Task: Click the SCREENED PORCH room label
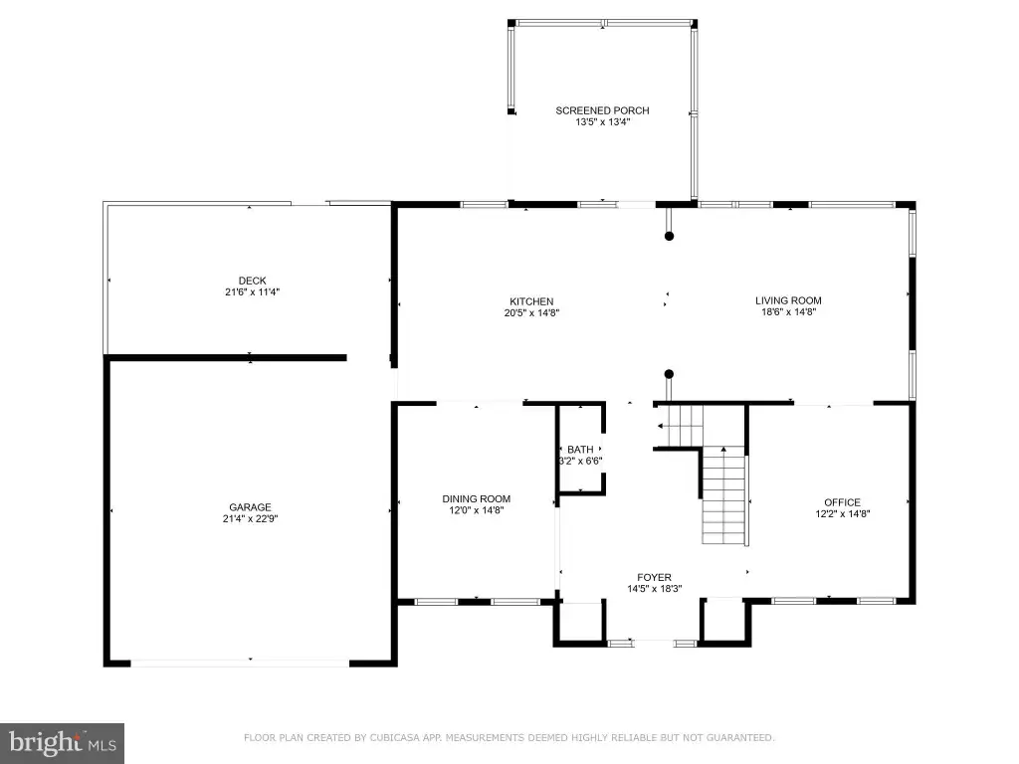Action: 602,110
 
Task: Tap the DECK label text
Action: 252,281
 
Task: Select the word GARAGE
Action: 250,507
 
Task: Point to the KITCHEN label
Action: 531,301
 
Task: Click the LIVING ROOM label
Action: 788,300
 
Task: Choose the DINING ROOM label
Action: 477,499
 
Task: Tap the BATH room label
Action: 580,450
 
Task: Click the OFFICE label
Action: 842,502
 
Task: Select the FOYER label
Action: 655,578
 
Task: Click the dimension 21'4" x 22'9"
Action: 250,518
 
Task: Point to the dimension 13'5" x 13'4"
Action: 602,121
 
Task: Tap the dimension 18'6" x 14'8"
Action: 788,311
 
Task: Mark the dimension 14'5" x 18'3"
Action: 655,589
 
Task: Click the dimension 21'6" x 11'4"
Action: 252,291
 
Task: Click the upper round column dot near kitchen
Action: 669,236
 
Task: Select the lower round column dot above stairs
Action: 669,374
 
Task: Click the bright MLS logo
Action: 62,743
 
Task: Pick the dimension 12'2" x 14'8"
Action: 842,513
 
